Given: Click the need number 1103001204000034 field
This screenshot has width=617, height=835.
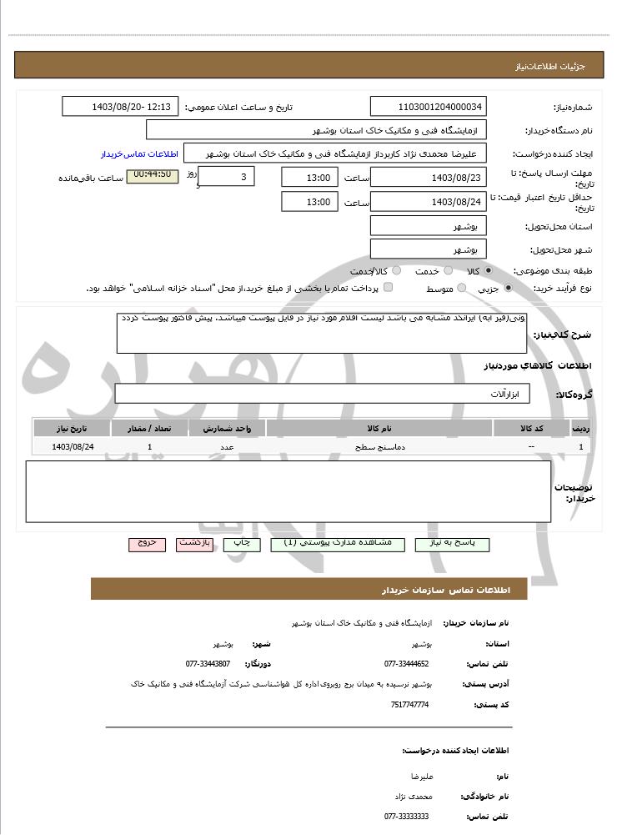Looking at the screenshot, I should tap(428, 107).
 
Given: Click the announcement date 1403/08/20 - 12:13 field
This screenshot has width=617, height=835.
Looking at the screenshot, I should tap(120, 107).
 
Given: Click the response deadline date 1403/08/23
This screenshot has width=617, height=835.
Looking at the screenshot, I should tap(428, 177).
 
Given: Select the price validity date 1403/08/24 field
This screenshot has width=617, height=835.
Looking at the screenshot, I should tap(428, 202).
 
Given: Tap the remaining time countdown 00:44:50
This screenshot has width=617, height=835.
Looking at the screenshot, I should tap(152, 175).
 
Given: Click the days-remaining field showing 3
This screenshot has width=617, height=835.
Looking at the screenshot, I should tap(227, 177).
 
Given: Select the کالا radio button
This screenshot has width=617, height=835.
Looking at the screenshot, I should tap(489, 271).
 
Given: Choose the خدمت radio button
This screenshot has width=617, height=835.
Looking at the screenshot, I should tap(448, 271).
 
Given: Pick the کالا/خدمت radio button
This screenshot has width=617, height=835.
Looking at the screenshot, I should tap(396, 271).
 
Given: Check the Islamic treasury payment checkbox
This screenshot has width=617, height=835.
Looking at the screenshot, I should tap(388, 288).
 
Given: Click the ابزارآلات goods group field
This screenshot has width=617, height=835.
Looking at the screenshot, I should tap(322, 394).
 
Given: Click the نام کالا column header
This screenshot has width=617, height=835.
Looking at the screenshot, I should tap(379, 428).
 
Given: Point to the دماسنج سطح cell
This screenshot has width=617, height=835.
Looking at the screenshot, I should tap(379, 447).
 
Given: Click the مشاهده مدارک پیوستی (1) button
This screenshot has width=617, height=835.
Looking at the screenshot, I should tap(338, 543).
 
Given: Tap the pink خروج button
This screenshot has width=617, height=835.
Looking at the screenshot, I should tap(147, 543).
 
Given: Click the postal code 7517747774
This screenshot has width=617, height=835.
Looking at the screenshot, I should tap(409, 705).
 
